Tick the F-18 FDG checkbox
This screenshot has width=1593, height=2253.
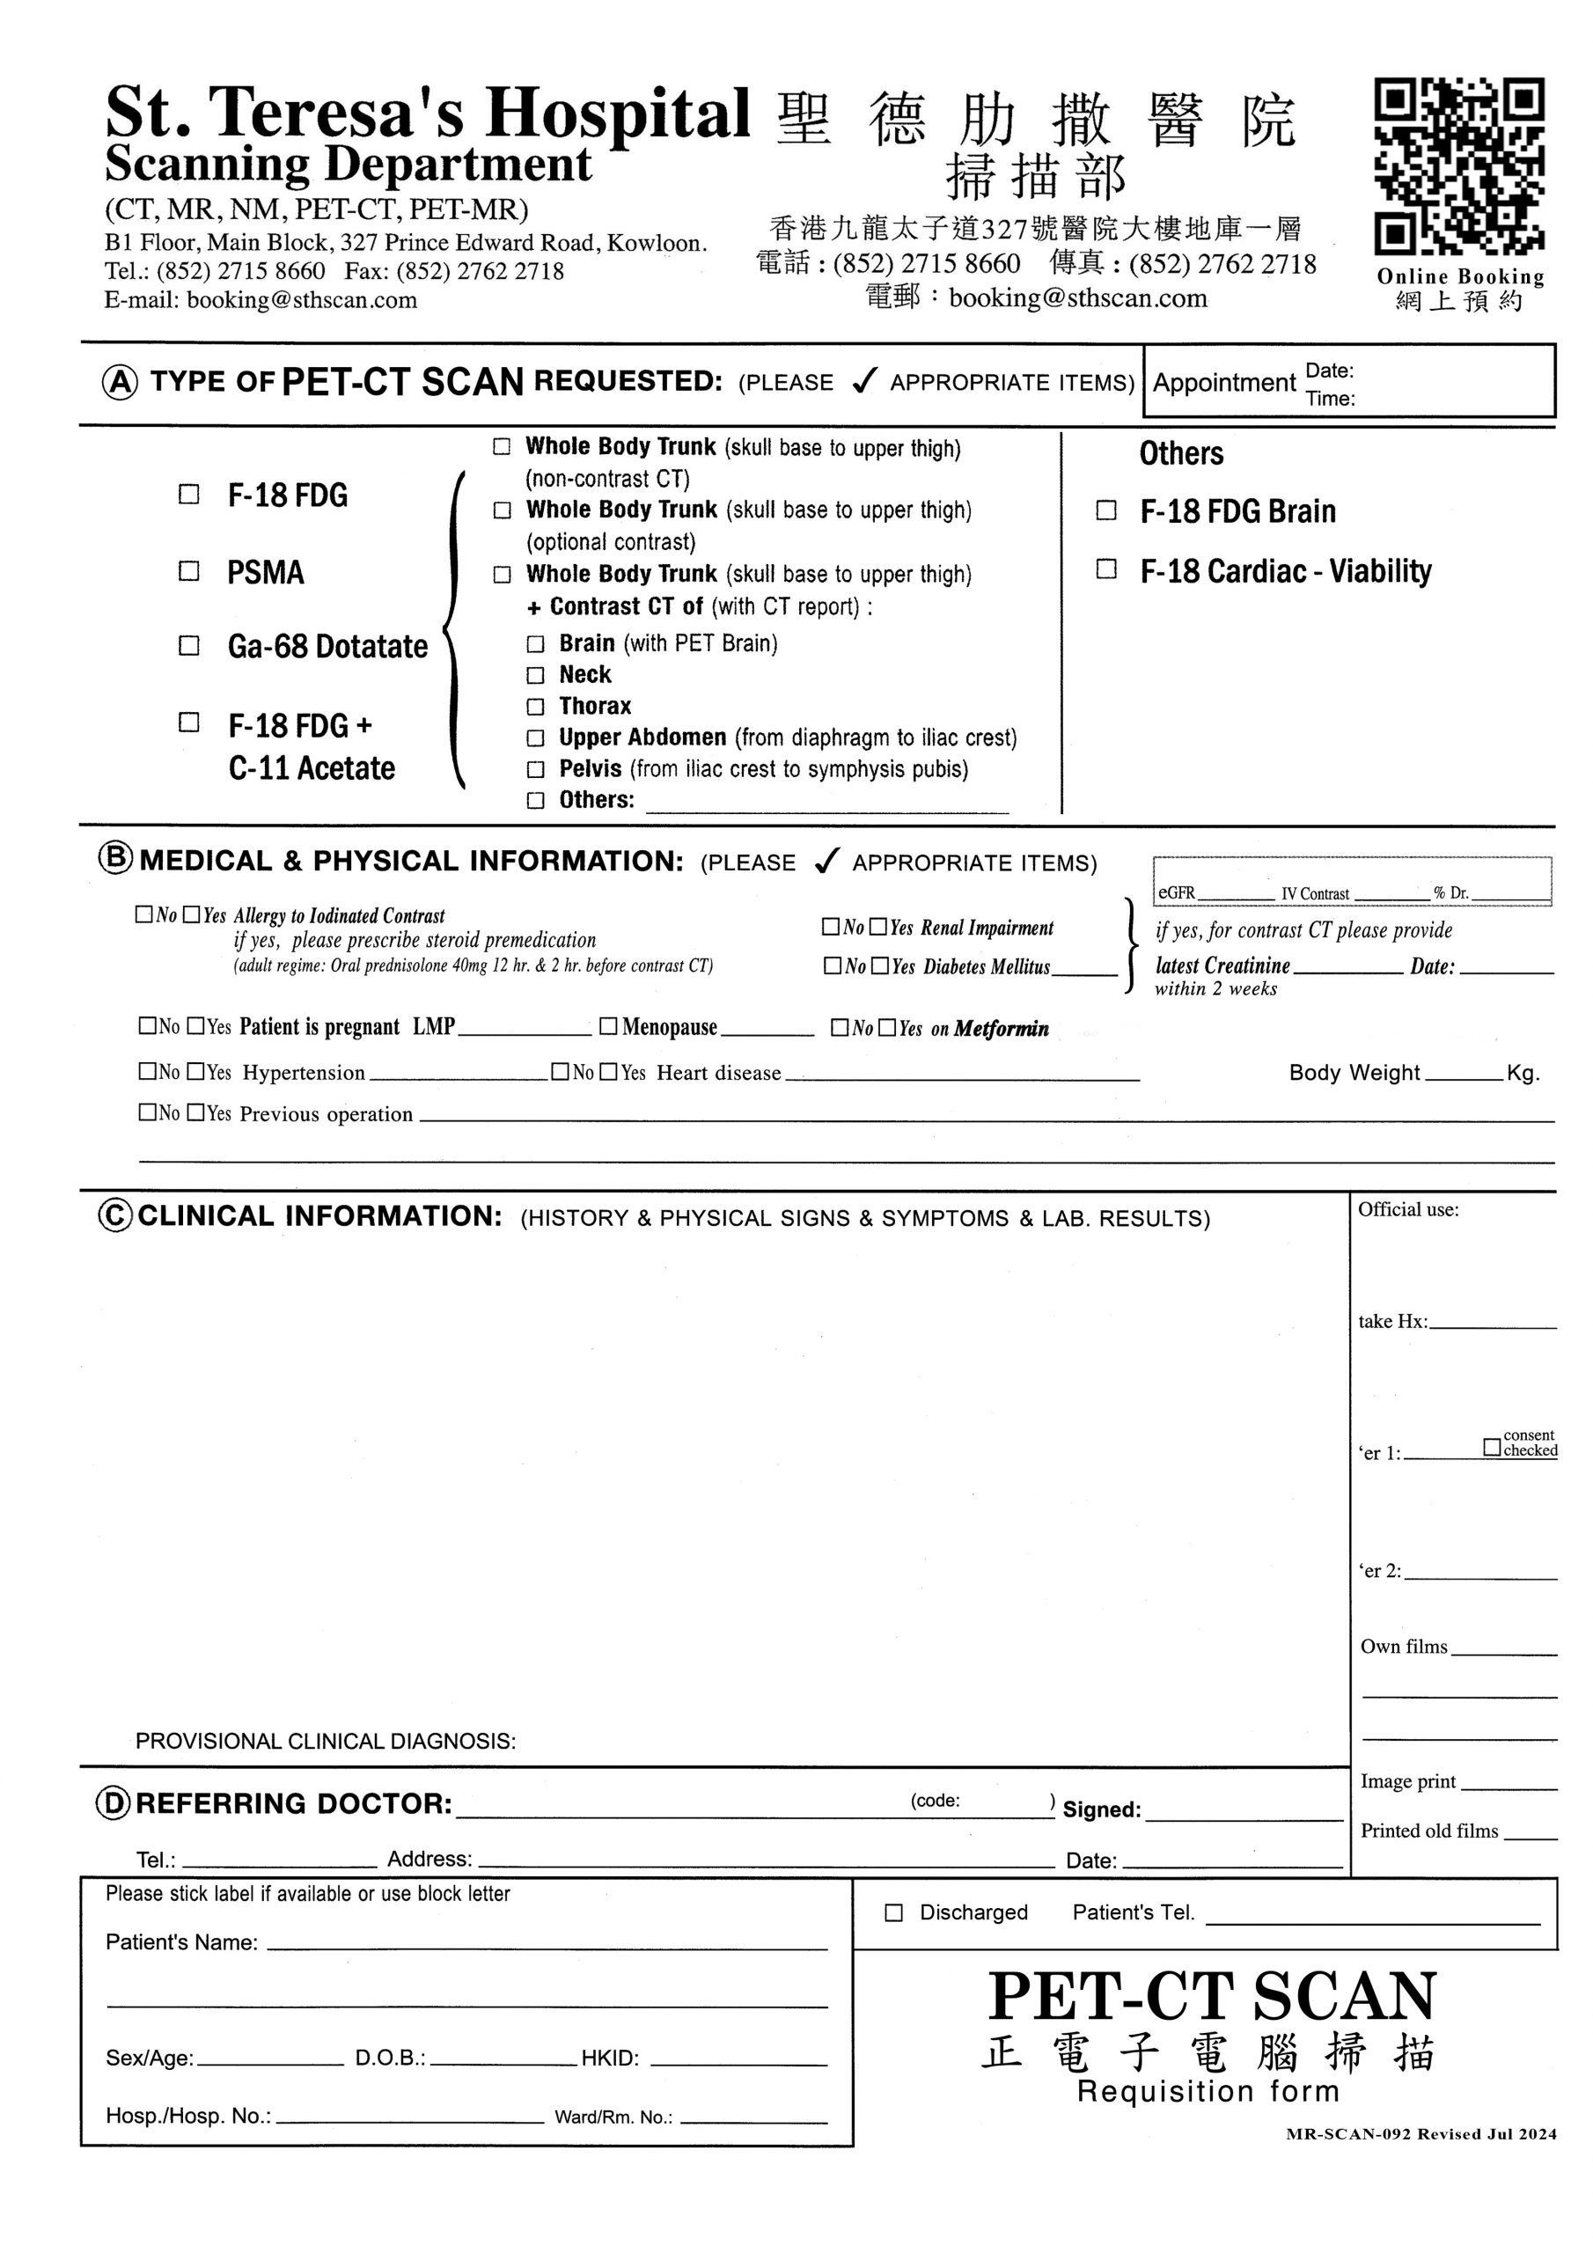188,494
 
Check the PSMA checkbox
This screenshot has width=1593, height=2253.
188,570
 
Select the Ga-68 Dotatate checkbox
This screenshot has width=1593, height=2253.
188,646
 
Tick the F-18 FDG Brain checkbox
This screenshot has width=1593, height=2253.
1106,510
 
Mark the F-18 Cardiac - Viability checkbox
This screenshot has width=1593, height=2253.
1106,569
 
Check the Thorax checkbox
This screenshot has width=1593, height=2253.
535,707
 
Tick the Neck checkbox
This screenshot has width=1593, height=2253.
535,675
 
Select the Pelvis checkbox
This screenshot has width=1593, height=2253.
535,769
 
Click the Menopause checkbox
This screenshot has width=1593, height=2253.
608,1026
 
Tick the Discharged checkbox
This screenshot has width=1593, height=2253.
893,1912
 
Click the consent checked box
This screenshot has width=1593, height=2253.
1492,1448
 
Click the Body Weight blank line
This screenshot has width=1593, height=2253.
1464,1073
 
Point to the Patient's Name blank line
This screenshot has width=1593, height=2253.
547,1943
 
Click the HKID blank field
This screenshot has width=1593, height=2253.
738,2059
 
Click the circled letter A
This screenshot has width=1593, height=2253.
120,382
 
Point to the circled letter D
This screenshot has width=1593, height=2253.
114,1802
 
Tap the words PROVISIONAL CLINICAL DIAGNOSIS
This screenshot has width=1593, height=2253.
325,1741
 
